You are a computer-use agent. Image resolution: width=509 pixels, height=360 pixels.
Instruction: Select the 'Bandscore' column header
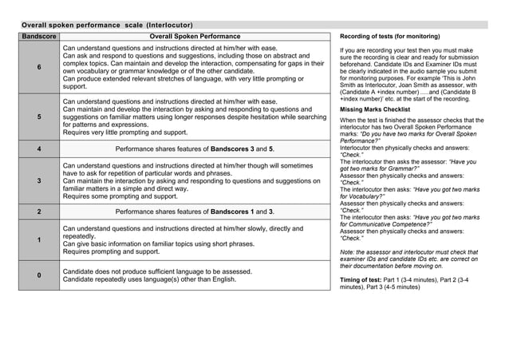click(38, 37)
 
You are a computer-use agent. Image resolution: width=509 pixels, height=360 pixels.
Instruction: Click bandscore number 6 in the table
click(38, 68)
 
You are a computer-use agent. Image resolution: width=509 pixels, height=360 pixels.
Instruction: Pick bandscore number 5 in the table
click(38, 117)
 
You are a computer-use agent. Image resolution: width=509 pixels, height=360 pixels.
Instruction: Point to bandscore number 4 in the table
click(38, 149)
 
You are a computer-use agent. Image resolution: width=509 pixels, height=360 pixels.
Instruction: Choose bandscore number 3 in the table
click(38, 181)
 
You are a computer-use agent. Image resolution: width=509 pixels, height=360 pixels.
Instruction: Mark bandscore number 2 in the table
click(38, 212)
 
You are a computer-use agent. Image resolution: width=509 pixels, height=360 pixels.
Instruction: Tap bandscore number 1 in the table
click(38, 240)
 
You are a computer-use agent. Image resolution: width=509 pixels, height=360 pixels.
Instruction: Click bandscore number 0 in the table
click(38, 275)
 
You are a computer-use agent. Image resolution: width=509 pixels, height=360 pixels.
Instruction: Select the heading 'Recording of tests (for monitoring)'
click(389, 38)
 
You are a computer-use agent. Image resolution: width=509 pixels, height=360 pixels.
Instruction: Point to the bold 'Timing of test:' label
click(362, 282)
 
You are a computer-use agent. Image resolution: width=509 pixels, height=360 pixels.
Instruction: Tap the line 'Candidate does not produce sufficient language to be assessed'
click(157, 271)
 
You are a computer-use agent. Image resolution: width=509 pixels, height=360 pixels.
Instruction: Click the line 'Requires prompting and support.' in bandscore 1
click(111, 252)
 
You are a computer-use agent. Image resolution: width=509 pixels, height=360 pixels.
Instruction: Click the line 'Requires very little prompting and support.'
click(125, 133)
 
